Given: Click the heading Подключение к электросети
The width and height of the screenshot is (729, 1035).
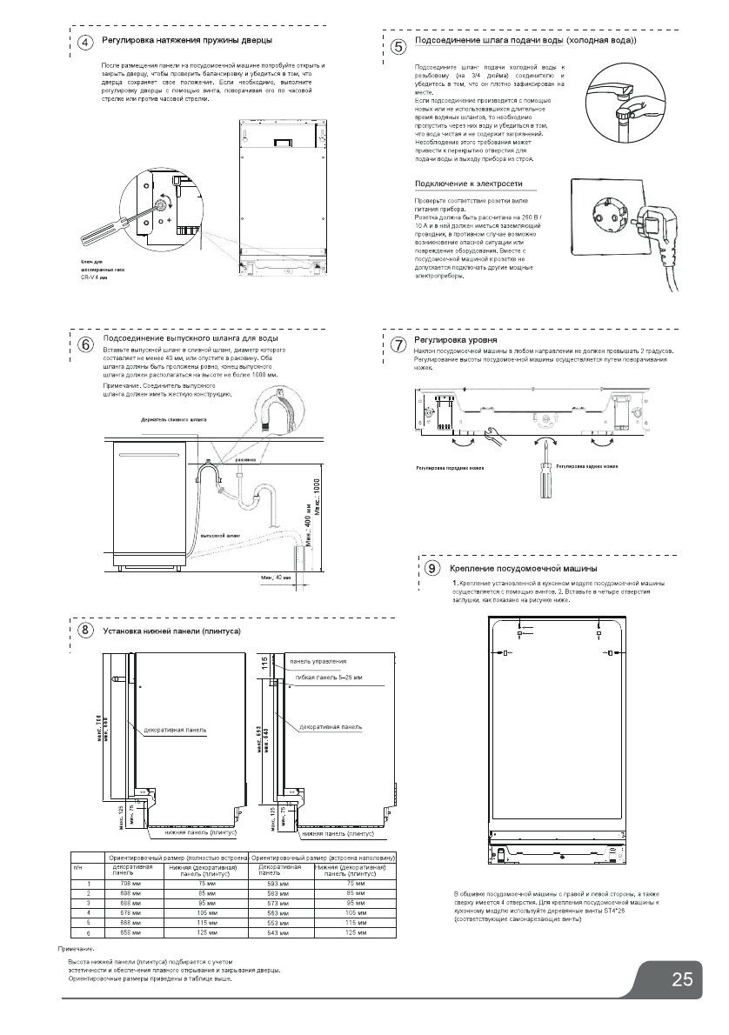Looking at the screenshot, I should [469, 184].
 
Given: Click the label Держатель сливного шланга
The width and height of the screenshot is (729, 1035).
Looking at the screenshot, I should [175, 419].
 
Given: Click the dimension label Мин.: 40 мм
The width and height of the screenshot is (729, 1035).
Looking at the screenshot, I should [277, 577].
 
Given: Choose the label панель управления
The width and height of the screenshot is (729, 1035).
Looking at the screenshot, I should [318, 661].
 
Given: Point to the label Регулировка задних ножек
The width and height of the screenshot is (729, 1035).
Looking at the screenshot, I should [587, 467].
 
